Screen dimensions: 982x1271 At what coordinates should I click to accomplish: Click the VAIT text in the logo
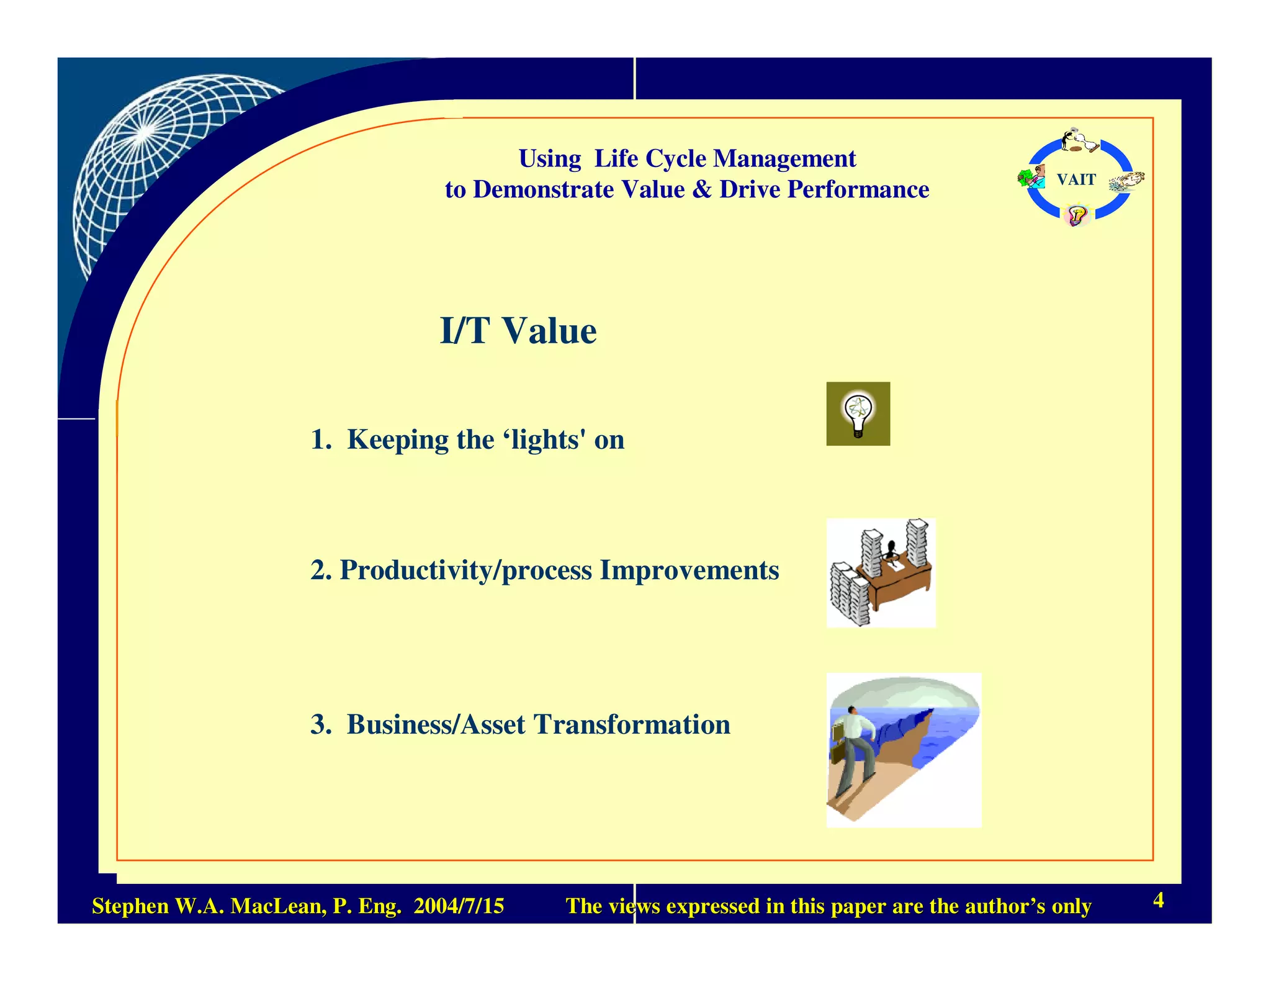click(x=1076, y=179)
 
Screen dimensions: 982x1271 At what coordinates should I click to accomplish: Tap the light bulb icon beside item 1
click(x=858, y=413)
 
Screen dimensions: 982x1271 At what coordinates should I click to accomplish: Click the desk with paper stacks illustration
click(x=881, y=573)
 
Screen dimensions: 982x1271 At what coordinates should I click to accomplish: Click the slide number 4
click(x=1158, y=899)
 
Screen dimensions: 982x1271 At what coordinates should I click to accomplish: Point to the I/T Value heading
click(x=518, y=330)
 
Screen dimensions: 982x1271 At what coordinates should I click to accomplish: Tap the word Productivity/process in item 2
click(x=465, y=570)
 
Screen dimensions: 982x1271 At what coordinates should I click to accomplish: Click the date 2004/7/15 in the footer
click(x=459, y=906)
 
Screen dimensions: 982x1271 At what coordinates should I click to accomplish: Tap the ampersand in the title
click(x=702, y=189)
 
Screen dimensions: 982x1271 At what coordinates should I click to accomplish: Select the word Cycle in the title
click(x=676, y=158)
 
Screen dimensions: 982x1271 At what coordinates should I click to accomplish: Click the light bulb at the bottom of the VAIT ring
click(x=1076, y=216)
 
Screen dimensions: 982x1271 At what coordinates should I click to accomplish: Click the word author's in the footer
click(x=987, y=906)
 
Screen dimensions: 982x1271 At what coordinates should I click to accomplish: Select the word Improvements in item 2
click(x=689, y=570)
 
